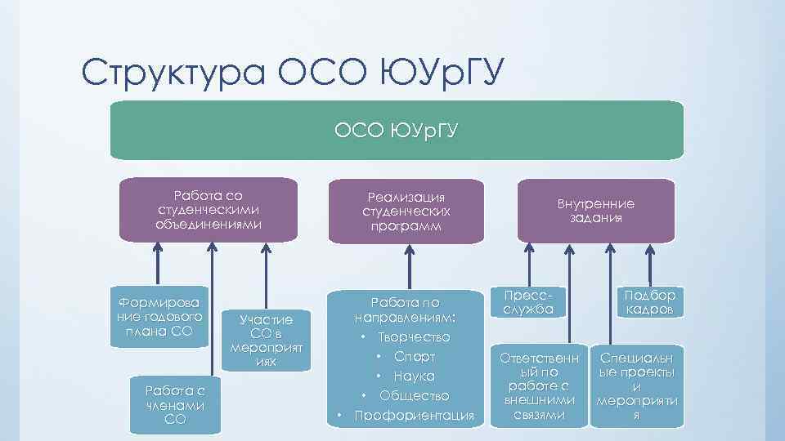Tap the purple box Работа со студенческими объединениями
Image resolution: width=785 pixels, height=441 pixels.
point(208,210)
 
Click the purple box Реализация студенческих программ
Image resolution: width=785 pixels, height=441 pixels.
point(406,211)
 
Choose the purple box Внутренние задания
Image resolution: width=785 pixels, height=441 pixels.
point(596,210)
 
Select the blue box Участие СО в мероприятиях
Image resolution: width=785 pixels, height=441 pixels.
point(265,338)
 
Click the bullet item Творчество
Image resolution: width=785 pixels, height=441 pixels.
point(413,337)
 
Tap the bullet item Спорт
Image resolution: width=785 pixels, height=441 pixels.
point(414,357)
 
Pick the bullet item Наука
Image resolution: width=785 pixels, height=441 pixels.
point(414,376)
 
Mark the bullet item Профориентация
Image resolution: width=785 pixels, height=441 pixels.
point(414,416)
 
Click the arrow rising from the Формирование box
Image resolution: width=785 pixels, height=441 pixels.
point(157,261)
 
